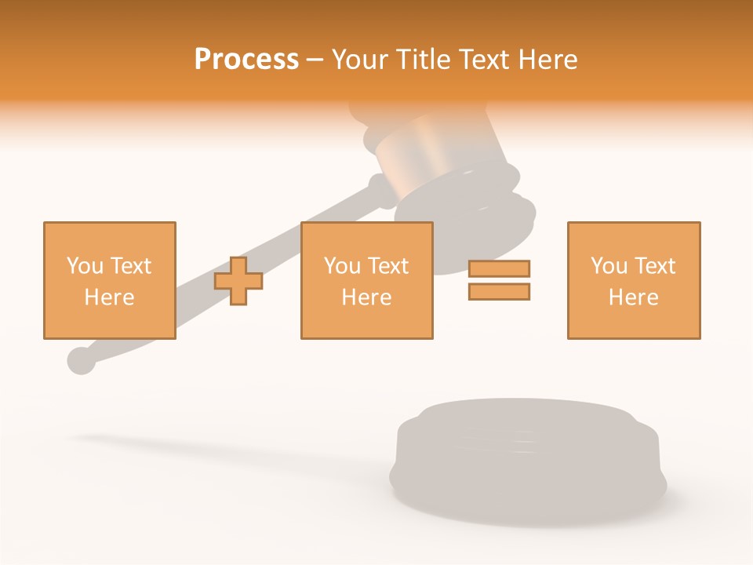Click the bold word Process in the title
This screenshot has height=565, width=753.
tap(246, 60)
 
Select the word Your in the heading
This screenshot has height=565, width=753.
tap(358, 60)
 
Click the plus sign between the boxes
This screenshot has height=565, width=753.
tap(238, 281)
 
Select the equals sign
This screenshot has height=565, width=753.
tap(499, 280)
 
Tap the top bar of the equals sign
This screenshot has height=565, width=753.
tap(499, 269)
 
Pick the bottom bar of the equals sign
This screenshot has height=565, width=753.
tap(499, 292)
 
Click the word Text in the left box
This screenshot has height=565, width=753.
tap(130, 266)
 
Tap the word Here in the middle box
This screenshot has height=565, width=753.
tap(366, 297)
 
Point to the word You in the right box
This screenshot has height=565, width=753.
tap(609, 266)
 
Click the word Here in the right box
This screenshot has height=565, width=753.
tap(633, 297)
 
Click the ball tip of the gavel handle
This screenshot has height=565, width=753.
tap(81, 360)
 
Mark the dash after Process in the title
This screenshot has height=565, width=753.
tap(315, 60)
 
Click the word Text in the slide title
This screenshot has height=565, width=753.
tap(481, 60)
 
